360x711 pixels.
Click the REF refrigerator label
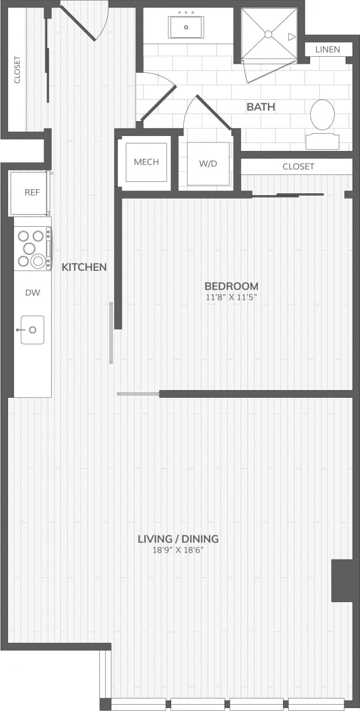click(32, 192)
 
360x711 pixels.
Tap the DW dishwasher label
click(32, 293)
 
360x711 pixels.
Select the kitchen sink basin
click(32, 330)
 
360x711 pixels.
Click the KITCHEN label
click(84, 267)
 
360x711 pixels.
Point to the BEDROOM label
click(231, 286)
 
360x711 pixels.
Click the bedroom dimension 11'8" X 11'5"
click(231, 297)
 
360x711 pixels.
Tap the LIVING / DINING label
click(178, 539)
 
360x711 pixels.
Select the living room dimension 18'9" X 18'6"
click(178, 550)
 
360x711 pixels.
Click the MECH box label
click(146, 162)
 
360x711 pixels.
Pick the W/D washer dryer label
click(208, 164)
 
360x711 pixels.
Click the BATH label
click(261, 107)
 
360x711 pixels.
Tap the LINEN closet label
click(327, 49)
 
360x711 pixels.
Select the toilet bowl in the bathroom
click(322, 115)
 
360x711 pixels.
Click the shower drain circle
click(268, 34)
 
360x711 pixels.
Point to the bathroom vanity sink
click(185, 27)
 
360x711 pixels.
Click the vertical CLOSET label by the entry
click(17, 69)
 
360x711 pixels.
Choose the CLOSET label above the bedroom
click(299, 166)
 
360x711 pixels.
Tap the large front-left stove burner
click(38, 261)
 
